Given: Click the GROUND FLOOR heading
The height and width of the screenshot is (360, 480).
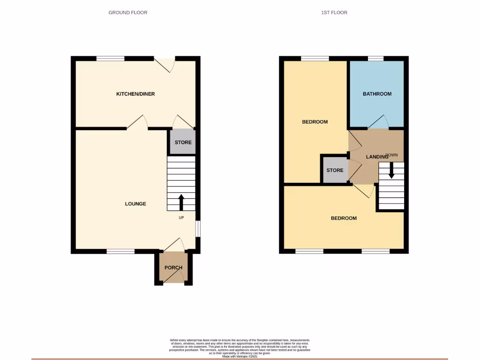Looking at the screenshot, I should [x=128, y=13].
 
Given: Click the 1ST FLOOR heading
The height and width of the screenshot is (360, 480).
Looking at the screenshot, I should [x=334, y=13].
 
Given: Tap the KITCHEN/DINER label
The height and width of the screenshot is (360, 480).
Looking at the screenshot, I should [x=135, y=94].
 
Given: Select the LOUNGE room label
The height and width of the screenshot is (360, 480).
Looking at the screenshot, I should [x=135, y=204].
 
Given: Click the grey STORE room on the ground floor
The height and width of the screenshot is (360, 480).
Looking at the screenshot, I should [x=183, y=142].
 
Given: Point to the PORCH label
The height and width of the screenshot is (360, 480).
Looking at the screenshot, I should [x=173, y=268].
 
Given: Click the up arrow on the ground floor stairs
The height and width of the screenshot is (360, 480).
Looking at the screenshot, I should [x=181, y=202].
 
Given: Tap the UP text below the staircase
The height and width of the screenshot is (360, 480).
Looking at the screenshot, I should [x=181, y=218].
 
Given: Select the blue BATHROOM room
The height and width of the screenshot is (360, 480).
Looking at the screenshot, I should [x=377, y=94].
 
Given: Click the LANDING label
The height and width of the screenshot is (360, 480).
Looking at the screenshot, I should [x=378, y=156].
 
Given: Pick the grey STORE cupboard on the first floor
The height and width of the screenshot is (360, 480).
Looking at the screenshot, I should [x=335, y=170].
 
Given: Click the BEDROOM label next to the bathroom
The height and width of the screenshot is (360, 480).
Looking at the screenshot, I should [x=315, y=122].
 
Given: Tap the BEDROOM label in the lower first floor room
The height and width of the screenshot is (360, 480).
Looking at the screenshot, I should [x=344, y=218].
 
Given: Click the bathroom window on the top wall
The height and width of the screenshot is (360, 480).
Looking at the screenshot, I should [x=375, y=59].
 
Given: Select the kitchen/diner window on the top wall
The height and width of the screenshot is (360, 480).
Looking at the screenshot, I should [x=111, y=59].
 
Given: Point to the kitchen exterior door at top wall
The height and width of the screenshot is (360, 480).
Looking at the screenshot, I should [x=165, y=63].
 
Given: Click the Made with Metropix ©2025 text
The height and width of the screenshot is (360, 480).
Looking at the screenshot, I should [x=240, y=357].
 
